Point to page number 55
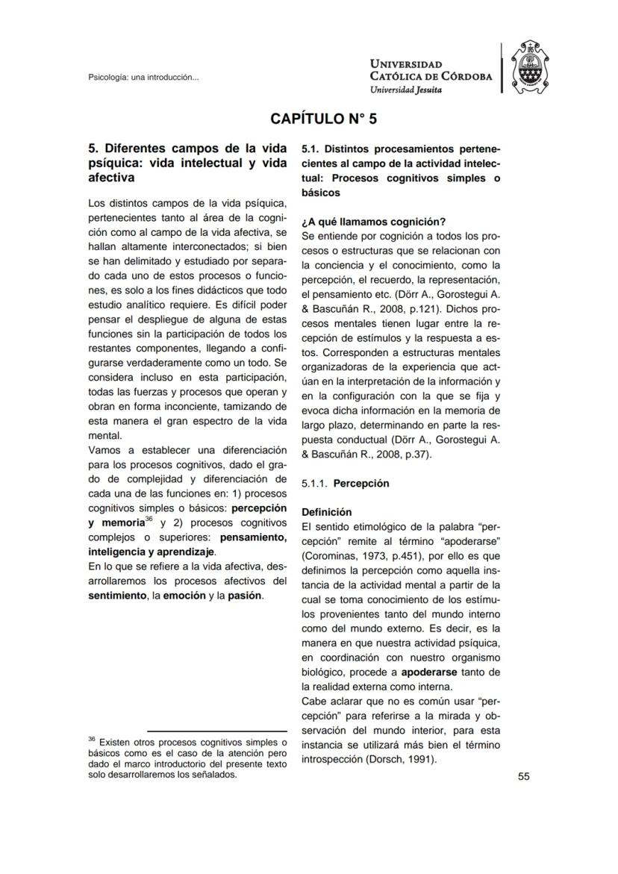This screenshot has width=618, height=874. coord(523,776)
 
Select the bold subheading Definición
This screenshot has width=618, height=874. coord(325,512)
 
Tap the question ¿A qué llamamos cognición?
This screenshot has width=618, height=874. coord(373,221)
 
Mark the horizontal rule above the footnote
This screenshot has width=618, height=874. coord(216,731)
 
